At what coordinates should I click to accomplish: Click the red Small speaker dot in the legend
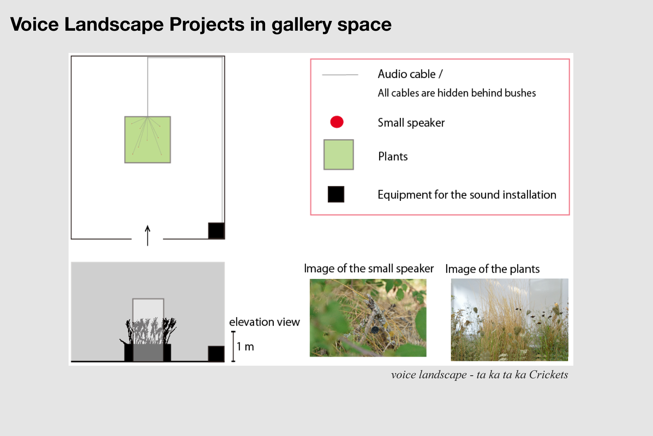pos(337,122)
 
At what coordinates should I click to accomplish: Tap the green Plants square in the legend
pos(339,154)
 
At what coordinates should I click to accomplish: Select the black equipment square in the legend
pos(336,194)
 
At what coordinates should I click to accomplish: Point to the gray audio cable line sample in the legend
pos(340,75)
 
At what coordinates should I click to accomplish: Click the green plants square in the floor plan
pos(148,139)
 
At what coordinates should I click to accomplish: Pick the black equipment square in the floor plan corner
pos(216,231)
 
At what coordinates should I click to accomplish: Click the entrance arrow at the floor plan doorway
pos(148,235)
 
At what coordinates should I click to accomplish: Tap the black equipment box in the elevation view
pos(216,354)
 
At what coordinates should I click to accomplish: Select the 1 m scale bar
pos(233,347)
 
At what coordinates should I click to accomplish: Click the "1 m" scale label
pos(245,347)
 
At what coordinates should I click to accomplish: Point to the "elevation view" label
pos(264,322)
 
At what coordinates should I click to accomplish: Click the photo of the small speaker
pos(368,318)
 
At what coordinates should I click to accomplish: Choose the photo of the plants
pos(509,320)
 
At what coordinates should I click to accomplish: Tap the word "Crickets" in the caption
pos(549,375)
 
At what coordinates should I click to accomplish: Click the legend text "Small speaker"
pos(411,123)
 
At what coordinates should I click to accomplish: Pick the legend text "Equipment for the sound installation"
pos(467,195)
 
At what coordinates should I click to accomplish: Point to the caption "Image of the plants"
pos(492,269)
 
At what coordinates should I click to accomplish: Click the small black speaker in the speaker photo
pos(374,329)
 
